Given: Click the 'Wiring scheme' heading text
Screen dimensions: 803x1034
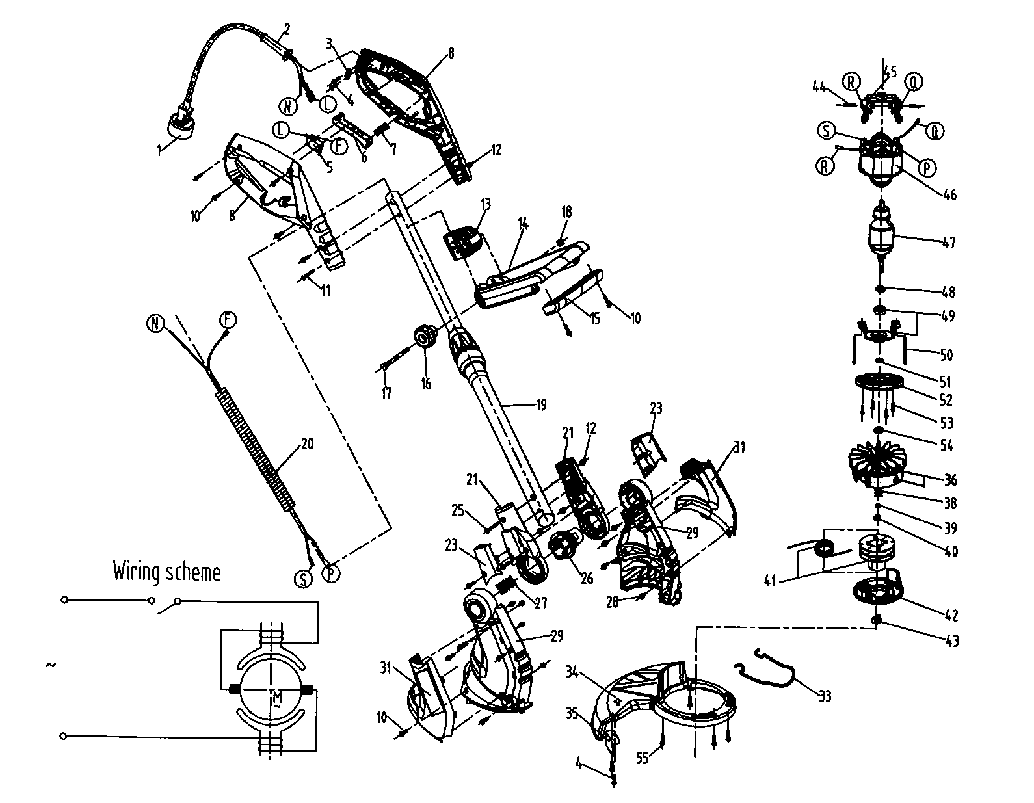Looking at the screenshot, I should coord(166,572).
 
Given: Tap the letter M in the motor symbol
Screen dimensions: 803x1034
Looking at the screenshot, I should coord(275,698).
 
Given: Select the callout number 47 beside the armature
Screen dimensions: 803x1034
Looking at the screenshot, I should coord(948,243).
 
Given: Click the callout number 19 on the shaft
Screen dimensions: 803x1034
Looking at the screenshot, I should coord(540,405).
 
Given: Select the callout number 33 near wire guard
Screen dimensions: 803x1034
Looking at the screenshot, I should coord(825,697).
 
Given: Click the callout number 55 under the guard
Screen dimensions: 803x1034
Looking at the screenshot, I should coord(643,758).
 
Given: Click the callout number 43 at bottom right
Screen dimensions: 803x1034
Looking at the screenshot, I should coord(951,641).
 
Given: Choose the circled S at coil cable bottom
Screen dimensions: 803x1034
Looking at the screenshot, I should coord(303,579).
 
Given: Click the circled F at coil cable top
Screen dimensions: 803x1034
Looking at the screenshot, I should coord(227,319).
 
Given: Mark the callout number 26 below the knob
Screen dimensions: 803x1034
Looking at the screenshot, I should coord(587,578).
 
